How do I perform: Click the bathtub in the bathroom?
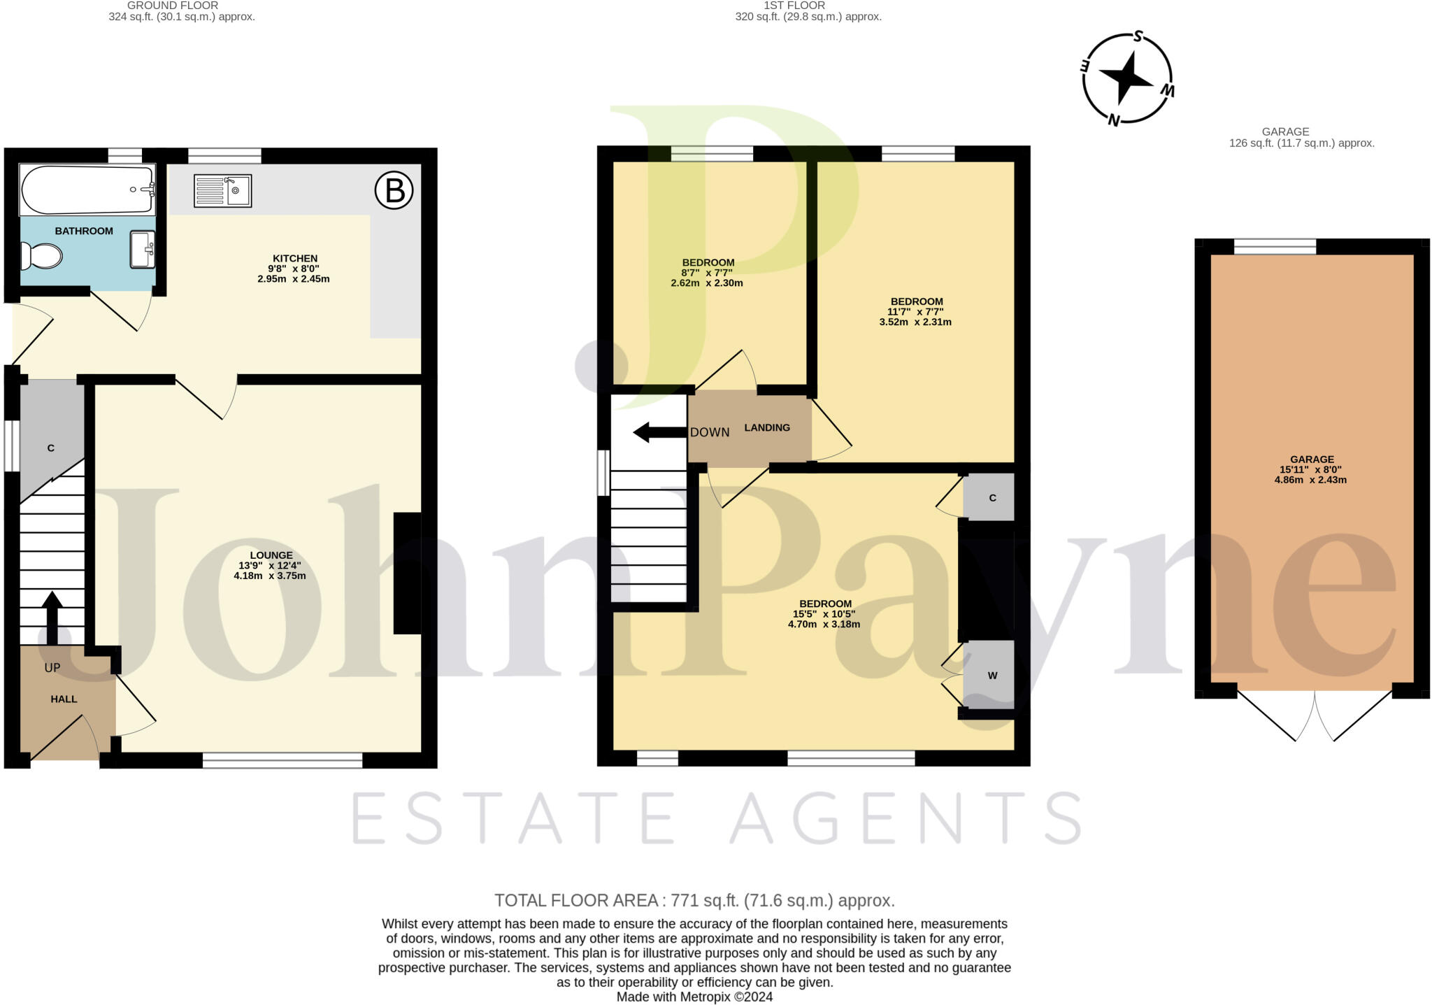click(x=87, y=190)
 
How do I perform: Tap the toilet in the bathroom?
click(x=41, y=256)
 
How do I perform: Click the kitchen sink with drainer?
click(x=222, y=191)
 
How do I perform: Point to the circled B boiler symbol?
click(x=394, y=190)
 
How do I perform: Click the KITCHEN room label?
click(x=296, y=259)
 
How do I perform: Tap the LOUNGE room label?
click(x=271, y=555)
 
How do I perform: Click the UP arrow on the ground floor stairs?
click(x=52, y=618)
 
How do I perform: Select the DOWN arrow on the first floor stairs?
click(x=659, y=432)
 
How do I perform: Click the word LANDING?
click(x=767, y=427)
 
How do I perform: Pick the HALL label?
click(x=64, y=699)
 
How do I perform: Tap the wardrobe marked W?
click(x=989, y=675)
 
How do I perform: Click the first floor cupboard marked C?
click(x=989, y=497)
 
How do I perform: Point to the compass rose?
click(x=1127, y=78)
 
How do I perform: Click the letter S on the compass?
click(x=1138, y=36)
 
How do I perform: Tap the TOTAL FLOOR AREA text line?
click(x=694, y=900)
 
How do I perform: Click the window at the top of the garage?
click(x=1275, y=246)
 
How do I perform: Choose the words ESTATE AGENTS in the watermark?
click(x=716, y=818)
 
